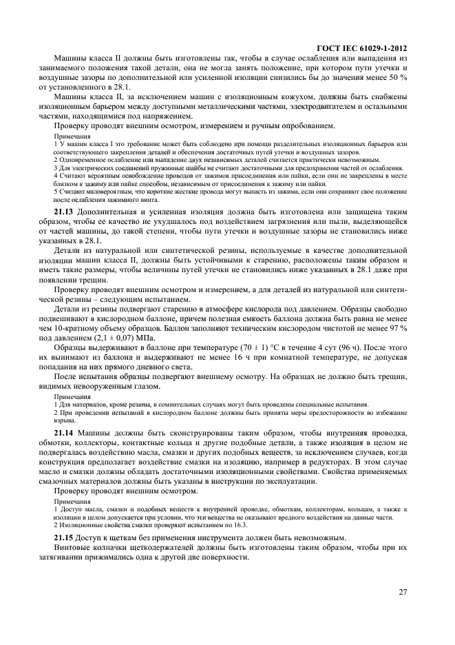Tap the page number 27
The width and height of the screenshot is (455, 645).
click(x=401, y=591)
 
